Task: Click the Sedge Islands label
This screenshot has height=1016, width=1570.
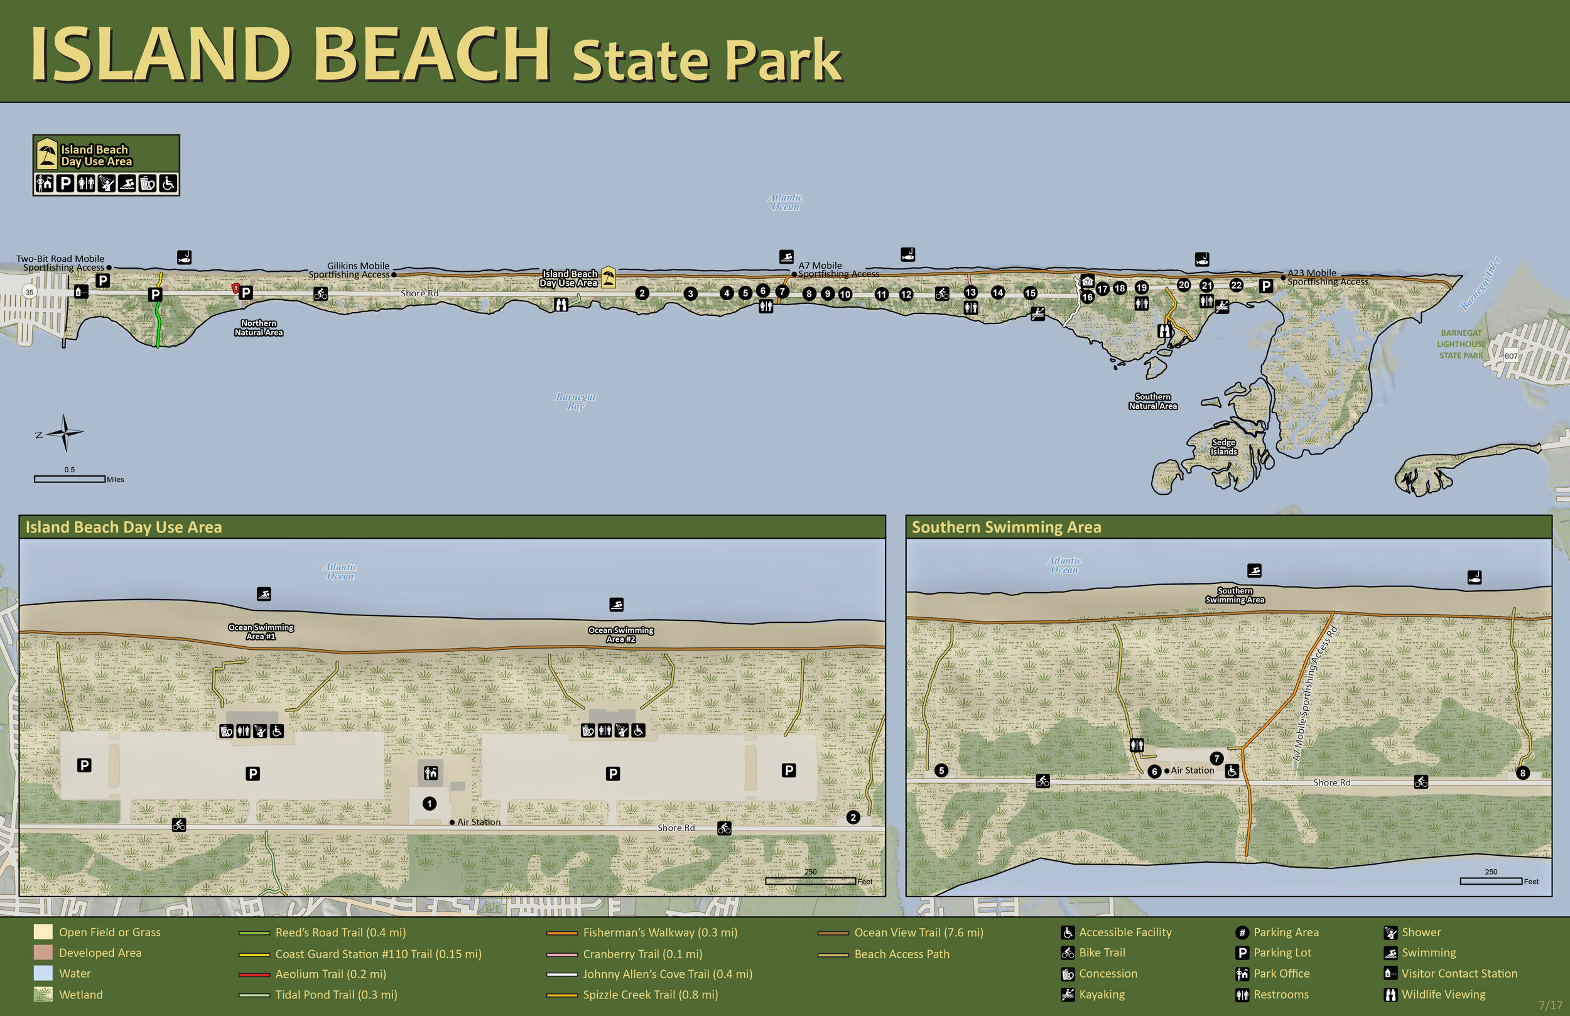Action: [x=1224, y=447]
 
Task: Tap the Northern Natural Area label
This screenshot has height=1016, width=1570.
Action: [x=259, y=328]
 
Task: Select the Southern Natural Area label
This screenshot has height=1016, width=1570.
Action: [x=1152, y=401]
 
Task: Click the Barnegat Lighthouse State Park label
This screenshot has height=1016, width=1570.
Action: [x=1461, y=344]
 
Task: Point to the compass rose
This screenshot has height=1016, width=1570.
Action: [x=65, y=433]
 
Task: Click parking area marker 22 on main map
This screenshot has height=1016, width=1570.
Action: [x=1236, y=285]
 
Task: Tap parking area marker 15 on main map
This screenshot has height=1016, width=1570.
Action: [x=1031, y=293]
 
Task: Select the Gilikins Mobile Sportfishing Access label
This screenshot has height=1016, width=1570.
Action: [x=350, y=271]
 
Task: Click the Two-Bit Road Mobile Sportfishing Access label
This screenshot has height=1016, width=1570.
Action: [x=61, y=263]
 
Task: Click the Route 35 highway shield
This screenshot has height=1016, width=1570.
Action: [x=30, y=291]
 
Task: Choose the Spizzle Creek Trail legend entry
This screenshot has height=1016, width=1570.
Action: [x=650, y=994]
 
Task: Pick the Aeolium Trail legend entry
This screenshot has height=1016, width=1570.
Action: [x=330, y=974]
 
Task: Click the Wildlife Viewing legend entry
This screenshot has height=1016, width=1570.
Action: [x=1443, y=994]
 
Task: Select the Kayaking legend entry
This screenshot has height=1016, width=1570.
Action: [x=1102, y=994]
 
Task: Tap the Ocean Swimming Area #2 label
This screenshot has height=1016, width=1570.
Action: [x=620, y=634]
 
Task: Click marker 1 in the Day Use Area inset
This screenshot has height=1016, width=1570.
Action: [x=430, y=804]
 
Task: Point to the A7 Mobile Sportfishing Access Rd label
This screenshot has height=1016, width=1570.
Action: [x=1314, y=693]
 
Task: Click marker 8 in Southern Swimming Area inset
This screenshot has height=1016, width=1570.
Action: [x=1522, y=773]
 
